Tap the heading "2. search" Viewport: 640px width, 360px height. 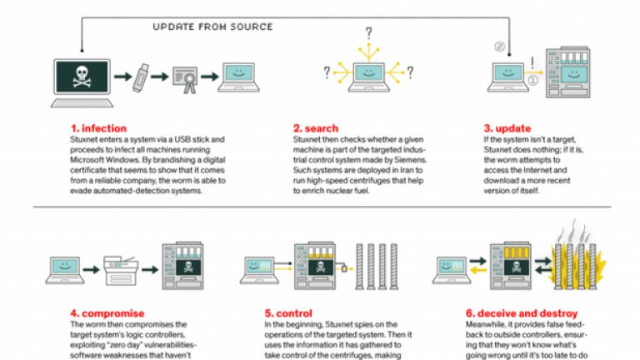314,128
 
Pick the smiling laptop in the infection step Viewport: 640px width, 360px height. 238,80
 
